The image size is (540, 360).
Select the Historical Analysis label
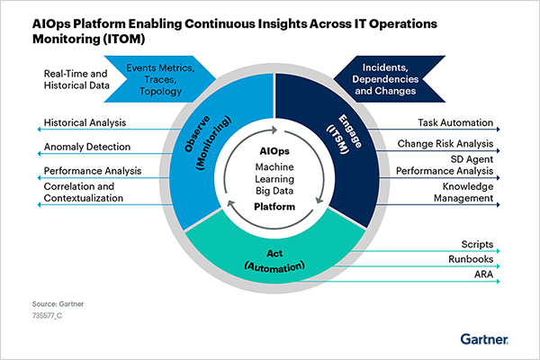85,121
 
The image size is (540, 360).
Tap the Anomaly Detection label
87,146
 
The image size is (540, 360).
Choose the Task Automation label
454,121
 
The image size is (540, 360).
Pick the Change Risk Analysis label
444,144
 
